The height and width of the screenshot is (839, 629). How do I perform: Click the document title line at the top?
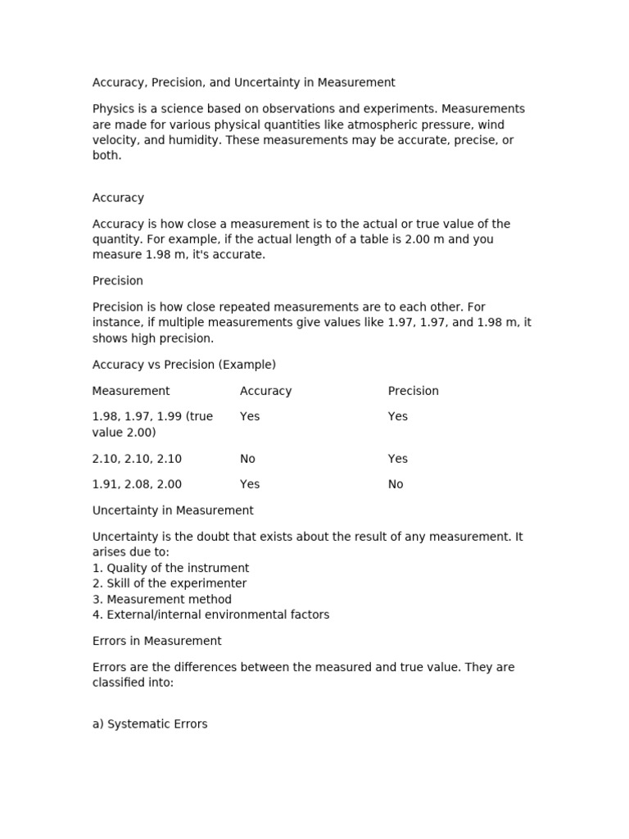tap(243, 83)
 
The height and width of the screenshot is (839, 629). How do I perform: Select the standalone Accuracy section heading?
tap(118, 197)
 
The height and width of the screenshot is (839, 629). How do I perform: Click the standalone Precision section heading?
tap(118, 281)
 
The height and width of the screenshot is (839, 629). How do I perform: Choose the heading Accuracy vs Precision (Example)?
tap(184, 365)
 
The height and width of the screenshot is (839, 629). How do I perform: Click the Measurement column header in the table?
tap(131, 391)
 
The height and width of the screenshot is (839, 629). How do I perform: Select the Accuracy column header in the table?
tap(265, 391)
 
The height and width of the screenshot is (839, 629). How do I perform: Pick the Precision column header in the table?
tap(413, 391)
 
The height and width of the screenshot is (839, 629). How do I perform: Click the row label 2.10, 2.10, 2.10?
tap(137, 459)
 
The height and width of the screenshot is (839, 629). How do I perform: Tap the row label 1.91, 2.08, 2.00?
tap(137, 484)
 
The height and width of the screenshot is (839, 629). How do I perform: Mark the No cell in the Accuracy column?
tap(247, 459)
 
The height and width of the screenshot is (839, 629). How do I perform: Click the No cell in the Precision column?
tap(396, 484)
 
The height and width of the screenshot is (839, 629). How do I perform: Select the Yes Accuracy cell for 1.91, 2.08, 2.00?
tap(250, 484)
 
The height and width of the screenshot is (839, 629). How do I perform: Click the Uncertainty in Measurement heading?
tap(173, 510)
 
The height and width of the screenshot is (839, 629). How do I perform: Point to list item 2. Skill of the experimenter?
tap(170, 583)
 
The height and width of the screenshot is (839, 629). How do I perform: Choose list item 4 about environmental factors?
tap(210, 615)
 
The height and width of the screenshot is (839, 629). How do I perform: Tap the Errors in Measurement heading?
tap(157, 641)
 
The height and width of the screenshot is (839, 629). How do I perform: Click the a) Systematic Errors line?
tap(150, 724)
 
